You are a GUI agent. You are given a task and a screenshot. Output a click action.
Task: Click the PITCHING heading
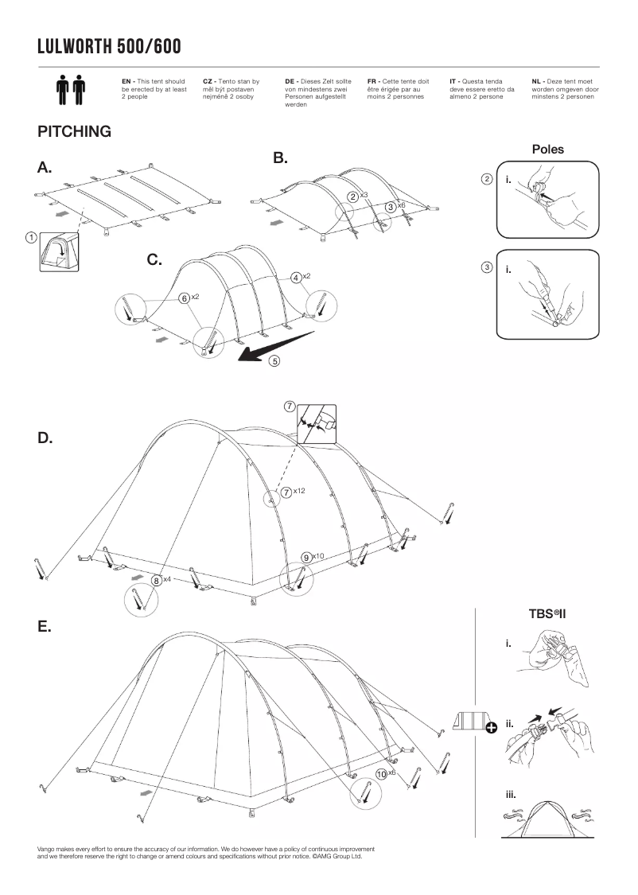pyautogui.click(x=74, y=131)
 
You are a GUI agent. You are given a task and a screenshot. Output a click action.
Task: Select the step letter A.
pyautogui.click(x=45, y=167)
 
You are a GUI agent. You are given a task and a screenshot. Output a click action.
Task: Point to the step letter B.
pyautogui.click(x=280, y=158)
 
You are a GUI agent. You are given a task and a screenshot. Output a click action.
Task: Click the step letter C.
pyautogui.click(x=155, y=259)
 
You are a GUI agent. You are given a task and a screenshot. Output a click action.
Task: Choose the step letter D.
pyautogui.click(x=45, y=438)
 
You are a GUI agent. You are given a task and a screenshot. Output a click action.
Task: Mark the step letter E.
pyautogui.click(x=45, y=626)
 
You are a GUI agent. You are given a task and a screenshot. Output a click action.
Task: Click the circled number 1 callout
pyautogui.click(x=30, y=236)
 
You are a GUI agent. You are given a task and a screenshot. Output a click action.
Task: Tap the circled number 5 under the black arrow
pyautogui.click(x=274, y=360)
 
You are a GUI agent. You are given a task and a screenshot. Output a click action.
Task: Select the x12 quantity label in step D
pyautogui.click(x=299, y=491)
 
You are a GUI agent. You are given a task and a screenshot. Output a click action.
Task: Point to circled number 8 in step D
pyautogui.click(x=158, y=580)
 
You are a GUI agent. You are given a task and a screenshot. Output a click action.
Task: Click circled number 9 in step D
pyautogui.click(x=307, y=557)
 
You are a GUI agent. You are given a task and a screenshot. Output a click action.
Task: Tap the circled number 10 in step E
pyautogui.click(x=382, y=772)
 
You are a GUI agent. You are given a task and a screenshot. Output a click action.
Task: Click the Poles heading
pyautogui.click(x=548, y=149)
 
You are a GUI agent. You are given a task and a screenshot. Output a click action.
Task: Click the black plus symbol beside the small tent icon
pyautogui.click(x=491, y=726)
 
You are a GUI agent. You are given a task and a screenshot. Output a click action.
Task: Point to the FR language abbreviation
pyautogui.click(x=372, y=81)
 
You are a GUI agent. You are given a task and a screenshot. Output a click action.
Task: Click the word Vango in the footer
pyautogui.click(x=47, y=849)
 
